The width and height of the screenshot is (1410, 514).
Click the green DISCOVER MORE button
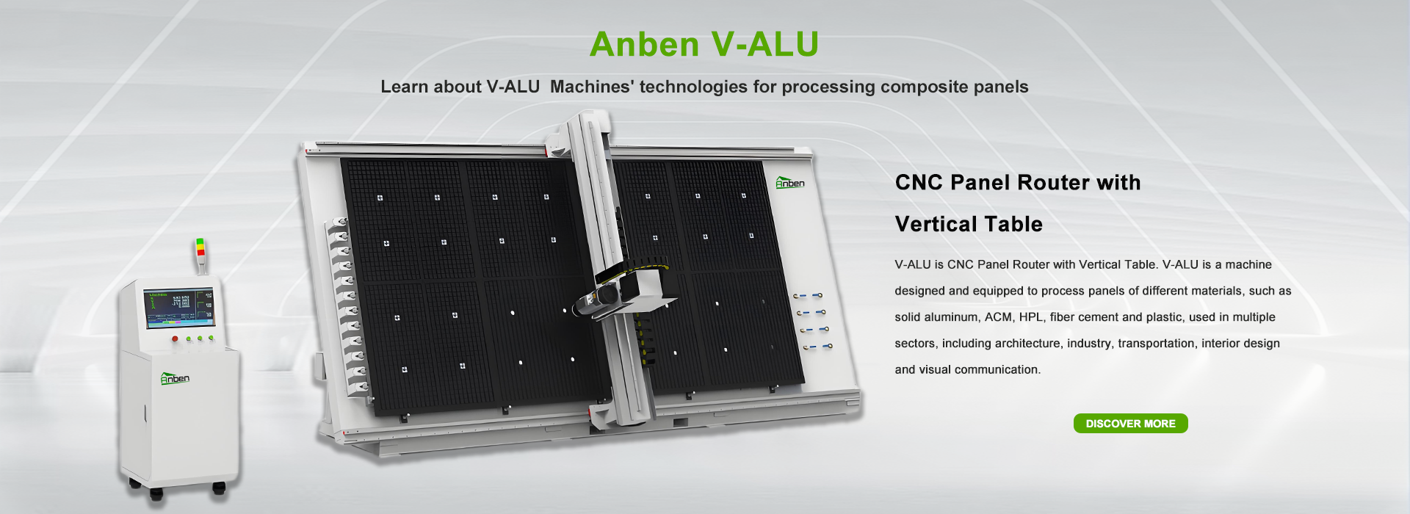pyautogui.click(x=1130, y=424)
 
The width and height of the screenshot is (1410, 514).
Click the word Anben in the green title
pyautogui.click(x=644, y=44)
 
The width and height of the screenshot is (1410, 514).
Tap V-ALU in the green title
pyautogui.click(x=765, y=44)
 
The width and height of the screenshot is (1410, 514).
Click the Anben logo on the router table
pyautogui.click(x=790, y=182)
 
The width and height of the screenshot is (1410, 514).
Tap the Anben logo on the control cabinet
pyautogui.click(x=175, y=378)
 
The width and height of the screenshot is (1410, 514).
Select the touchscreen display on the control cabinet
pyautogui.click(x=179, y=308)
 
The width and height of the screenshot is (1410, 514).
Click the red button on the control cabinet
pyautogui.click(x=175, y=339)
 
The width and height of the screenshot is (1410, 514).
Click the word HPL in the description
pyautogui.click(x=1030, y=317)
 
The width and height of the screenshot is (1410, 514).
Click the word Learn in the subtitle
pyautogui.click(x=404, y=87)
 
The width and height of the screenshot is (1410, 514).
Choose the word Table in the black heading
pyautogui.click(x=1016, y=224)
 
